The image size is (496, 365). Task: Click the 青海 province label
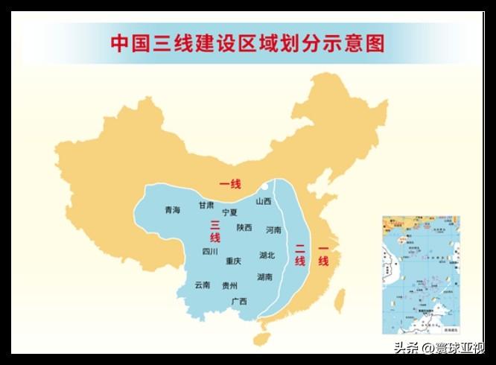[x=173, y=210]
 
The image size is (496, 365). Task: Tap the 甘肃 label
[x=206, y=205]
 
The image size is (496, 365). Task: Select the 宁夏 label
[x=230, y=212]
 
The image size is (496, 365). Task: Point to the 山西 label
[x=264, y=201]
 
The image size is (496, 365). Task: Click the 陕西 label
[x=244, y=227]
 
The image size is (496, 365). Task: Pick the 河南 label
[x=273, y=230]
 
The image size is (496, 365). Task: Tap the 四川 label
[x=210, y=252]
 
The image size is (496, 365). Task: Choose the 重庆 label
[x=234, y=261]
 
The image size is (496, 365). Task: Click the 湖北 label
[x=267, y=255]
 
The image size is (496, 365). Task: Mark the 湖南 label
[x=264, y=277]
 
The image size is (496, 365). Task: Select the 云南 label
[x=203, y=285]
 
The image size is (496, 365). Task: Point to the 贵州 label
[x=229, y=285]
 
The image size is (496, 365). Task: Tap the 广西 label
[x=239, y=301]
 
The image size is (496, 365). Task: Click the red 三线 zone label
[x=214, y=232]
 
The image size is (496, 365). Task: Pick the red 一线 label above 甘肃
[x=229, y=184]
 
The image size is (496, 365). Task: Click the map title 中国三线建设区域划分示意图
[x=248, y=43]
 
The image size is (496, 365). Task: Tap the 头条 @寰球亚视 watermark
[x=439, y=348]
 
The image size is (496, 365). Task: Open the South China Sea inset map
[x=421, y=276]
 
